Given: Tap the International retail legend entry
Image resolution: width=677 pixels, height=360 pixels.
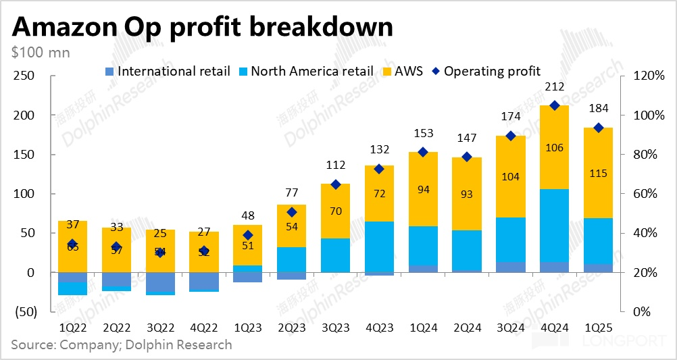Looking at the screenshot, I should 168,71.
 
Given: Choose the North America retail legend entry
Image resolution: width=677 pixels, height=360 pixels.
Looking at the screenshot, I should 307,71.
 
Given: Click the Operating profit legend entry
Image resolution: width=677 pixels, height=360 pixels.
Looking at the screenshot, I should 486,71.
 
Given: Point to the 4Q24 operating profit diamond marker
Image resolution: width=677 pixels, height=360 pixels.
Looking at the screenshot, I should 555,105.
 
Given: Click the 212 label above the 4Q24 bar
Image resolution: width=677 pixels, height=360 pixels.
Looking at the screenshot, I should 555,86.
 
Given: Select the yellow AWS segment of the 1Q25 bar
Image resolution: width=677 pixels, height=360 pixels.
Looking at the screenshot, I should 598,172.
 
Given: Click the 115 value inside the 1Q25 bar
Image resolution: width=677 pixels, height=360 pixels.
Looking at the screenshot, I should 598,174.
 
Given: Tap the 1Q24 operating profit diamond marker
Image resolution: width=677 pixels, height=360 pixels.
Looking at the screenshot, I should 423,152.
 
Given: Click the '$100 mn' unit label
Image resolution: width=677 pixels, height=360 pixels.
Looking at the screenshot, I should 41,51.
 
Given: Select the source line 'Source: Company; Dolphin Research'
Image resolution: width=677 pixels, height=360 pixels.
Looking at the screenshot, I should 122,344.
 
